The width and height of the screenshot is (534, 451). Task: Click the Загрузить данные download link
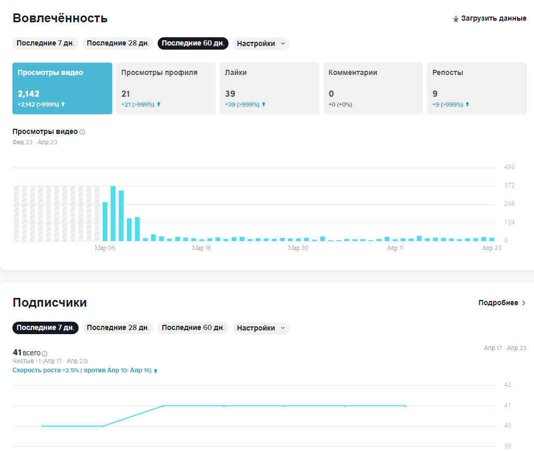(490, 19)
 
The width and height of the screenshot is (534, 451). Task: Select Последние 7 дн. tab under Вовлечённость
(45, 43)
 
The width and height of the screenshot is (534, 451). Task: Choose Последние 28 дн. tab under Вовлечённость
(118, 43)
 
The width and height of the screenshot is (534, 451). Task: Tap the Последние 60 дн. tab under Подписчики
(193, 328)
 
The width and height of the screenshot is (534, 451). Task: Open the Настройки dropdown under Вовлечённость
(261, 43)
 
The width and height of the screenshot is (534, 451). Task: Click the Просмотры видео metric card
(62, 88)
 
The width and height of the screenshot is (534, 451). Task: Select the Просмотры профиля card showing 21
(165, 88)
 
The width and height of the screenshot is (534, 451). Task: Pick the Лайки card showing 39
(269, 88)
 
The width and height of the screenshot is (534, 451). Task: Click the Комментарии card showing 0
(373, 88)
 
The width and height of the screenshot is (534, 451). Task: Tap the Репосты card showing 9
(476, 88)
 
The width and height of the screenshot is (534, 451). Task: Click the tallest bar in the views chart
(113, 213)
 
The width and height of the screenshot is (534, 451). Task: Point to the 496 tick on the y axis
(509, 167)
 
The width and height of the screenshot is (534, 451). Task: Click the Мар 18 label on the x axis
(201, 248)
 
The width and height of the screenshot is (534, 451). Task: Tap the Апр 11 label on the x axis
(395, 248)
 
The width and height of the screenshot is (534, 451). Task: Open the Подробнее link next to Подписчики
(502, 303)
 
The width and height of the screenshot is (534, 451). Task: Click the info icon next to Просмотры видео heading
(82, 132)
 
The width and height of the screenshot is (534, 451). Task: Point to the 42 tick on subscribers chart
(507, 385)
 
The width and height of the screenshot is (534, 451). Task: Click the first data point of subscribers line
(42, 426)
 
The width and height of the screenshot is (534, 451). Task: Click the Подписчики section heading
(50, 303)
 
